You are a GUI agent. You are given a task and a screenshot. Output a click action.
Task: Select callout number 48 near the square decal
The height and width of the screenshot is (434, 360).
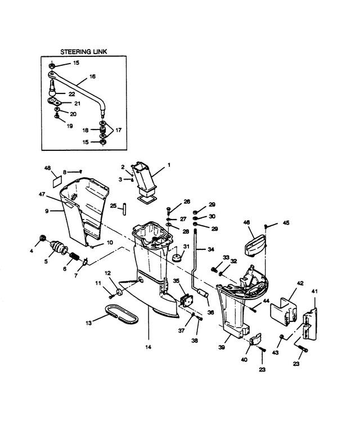click(x=47, y=168)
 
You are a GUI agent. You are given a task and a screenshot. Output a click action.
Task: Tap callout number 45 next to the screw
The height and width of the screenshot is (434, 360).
click(x=286, y=222)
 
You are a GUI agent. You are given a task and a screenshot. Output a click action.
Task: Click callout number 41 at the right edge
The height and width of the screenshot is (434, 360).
click(x=314, y=292)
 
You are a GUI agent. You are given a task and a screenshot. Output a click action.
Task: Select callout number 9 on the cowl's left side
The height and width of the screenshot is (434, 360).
click(x=48, y=212)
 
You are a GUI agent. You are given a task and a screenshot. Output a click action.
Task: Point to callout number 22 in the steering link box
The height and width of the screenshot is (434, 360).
click(x=72, y=93)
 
